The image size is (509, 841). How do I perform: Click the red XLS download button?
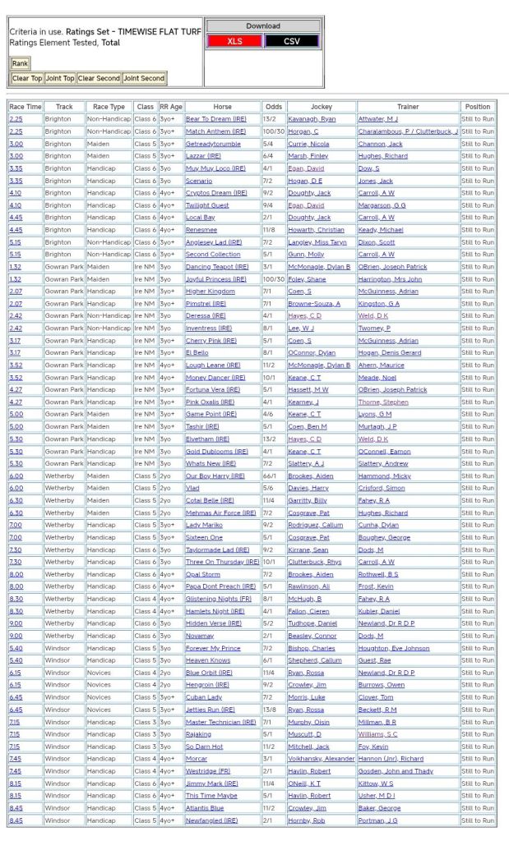(234, 41)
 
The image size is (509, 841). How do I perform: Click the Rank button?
(20, 63)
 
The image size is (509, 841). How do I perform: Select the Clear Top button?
(27, 79)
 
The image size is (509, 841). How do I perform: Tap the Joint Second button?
(144, 79)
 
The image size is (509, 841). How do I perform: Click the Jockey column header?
(321, 107)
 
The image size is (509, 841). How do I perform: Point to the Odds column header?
(273, 107)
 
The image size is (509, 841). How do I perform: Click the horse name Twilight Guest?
(207, 205)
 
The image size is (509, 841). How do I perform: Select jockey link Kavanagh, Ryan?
(311, 119)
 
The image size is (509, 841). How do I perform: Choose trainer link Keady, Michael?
(381, 230)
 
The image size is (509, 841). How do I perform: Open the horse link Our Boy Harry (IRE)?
(215, 476)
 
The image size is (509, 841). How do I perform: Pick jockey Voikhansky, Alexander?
(321, 759)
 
